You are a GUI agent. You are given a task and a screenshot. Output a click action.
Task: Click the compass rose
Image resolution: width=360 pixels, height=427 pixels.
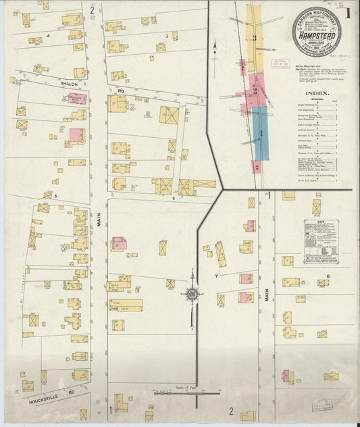pyautogui.click(x=192, y=295)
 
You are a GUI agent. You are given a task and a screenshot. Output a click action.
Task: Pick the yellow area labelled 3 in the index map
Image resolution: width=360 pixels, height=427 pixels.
pyautogui.click(x=255, y=38)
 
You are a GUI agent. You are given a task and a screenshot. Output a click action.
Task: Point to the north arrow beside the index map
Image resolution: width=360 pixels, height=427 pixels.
pyautogui.click(x=214, y=47)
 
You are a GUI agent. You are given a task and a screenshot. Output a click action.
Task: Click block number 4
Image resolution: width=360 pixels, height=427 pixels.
pyautogui.click(x=48, y=34)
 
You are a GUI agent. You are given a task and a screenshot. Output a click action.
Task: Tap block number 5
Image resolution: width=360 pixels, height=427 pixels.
pyautogui.click(x=56, y=196)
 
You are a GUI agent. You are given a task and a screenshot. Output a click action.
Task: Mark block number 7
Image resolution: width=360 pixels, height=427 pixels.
pyautogui.click(x=216, y=276)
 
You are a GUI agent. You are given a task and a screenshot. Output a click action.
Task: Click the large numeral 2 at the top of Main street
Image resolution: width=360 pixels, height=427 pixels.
pyautogui.click(x=92, y=10)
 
